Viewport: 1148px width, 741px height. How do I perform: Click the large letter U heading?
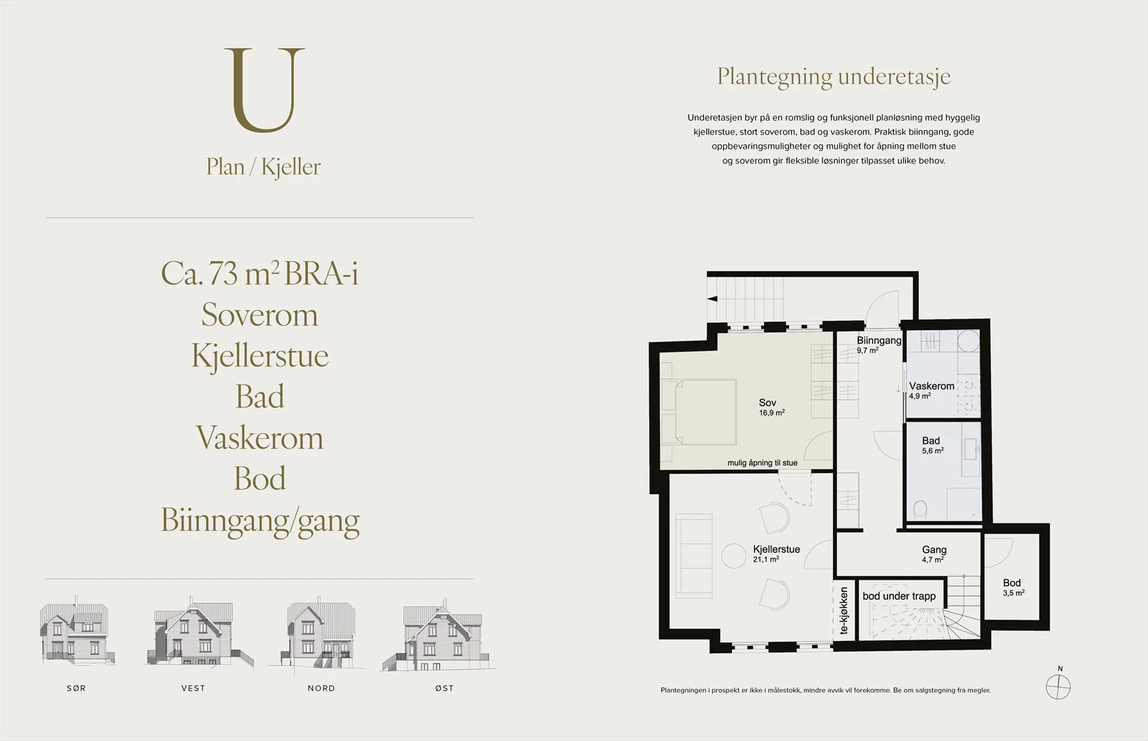coord(265,90)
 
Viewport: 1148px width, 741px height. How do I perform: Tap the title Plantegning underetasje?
coord(834,77)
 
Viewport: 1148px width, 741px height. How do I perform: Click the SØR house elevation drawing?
coord(77,631)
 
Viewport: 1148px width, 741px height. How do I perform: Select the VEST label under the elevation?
coord(193,688)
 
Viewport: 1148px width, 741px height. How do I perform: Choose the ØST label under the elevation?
coord(444,688)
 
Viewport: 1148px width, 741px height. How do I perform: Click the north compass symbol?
coord(1058,686)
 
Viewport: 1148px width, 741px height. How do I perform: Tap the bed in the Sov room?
coord(699,412)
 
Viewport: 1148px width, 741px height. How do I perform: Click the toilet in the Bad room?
coord(920,510)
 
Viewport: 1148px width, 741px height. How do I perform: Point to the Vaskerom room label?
coord(932,386)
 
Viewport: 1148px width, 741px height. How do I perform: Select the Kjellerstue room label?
coord(776,549)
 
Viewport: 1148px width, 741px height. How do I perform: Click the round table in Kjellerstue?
coord(734,556)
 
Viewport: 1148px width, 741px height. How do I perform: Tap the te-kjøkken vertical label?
coord(844,611)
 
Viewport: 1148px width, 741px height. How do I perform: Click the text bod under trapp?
coord(899,596)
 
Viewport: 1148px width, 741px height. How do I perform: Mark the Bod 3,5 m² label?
coord(1013,587)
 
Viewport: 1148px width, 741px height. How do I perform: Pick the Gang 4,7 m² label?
coord(933,554)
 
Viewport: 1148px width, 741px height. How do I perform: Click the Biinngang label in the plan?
coord(879,340)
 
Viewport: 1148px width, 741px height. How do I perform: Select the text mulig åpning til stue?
coord(763,463)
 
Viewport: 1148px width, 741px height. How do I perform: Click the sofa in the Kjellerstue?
coord(693,556)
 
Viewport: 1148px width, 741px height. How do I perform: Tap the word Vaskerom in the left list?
coord(260,438)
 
